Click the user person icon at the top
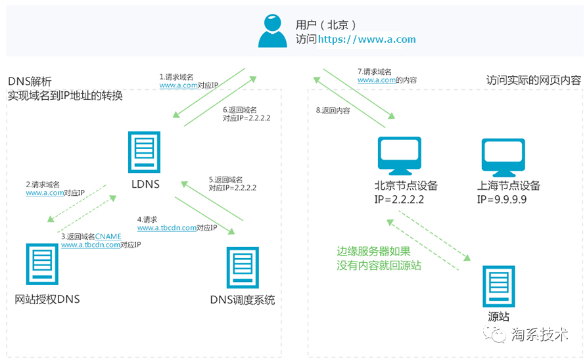click(273, 30)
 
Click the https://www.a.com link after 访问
click(367, 39)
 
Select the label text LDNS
click(145, 183)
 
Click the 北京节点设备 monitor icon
click(398, 156)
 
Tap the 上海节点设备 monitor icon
click(503, 156)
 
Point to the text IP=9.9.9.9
click(503, 199)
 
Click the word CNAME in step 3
click(108, 236)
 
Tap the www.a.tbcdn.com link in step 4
click(167, 228)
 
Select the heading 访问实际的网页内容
click(534, 80)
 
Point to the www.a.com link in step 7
click(376, 79)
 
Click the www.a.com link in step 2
click(45, 193)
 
